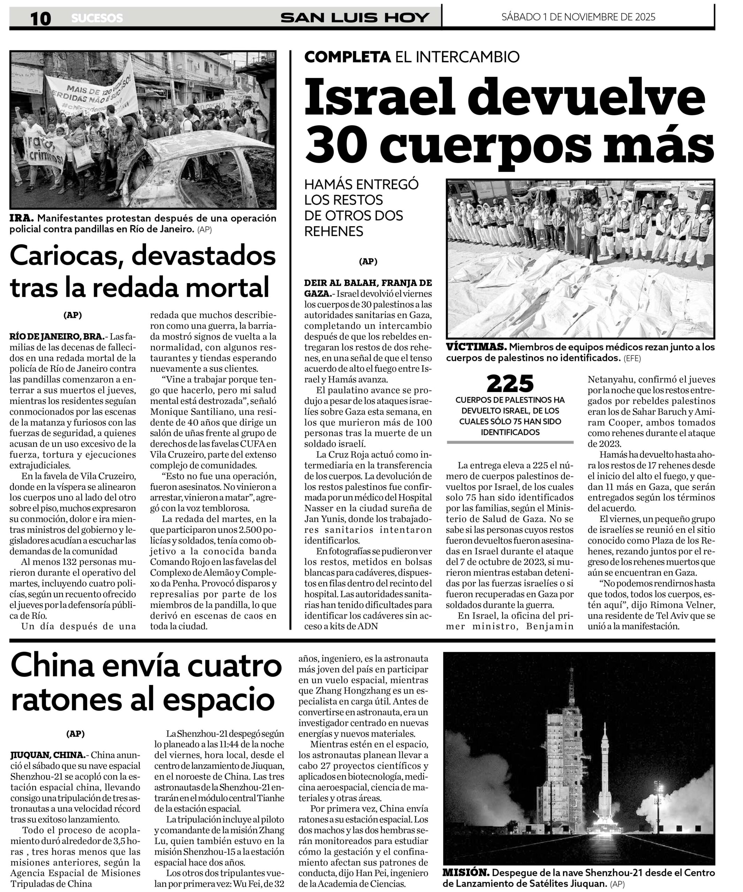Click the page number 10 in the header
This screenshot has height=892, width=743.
click(40, 18)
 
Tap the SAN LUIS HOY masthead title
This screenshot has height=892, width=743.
click(355, 18)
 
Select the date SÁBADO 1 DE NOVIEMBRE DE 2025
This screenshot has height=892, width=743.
click(578, 17)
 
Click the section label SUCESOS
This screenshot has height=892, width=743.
click(97, 18)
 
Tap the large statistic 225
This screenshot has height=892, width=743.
click(510, 384)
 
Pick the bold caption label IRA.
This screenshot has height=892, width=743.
click(21, 218)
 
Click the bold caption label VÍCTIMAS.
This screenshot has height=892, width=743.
click(476, 347)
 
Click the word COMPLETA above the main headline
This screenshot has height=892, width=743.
click(347, 57)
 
